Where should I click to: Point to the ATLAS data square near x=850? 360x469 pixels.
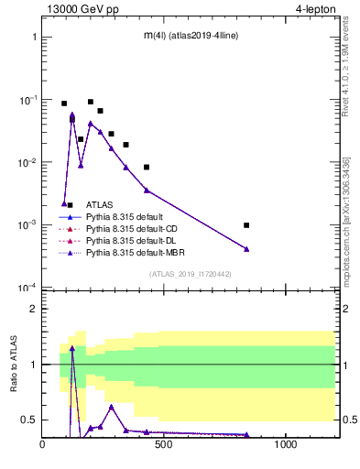(x=246, y=224)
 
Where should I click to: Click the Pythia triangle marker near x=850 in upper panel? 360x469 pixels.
(x=246, y=248)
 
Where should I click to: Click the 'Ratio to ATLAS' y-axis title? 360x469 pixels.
(x=15, y=365)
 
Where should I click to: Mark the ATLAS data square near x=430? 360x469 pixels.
(x=147, y=167)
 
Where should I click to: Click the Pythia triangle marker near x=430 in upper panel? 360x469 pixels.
(x=147, y=190)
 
